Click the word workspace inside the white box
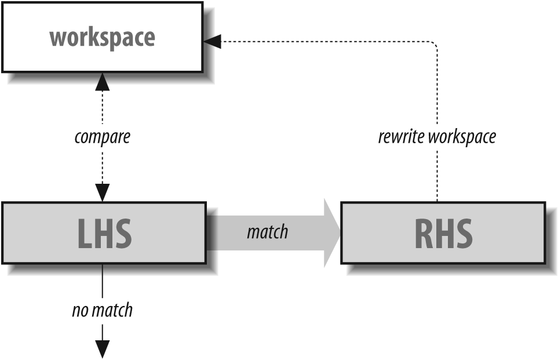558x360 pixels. (x=102, y=37)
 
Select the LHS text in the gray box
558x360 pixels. (x=104, y=233)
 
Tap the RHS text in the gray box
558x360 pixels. (x=443, y=233)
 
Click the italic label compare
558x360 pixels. (x=103, y=137)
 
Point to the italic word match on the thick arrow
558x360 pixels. (x=267, y=232)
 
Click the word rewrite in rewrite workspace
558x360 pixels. (x=399, y=137)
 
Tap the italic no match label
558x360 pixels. (x=102, y=310)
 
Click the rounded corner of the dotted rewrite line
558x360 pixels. (x=435, y=43)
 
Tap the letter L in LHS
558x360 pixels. (x=85, y=233)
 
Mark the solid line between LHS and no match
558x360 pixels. (x=102, y=281)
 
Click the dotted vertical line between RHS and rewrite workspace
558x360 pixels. (x=437, y=174)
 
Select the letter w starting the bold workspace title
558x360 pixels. (x=57, y=37)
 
